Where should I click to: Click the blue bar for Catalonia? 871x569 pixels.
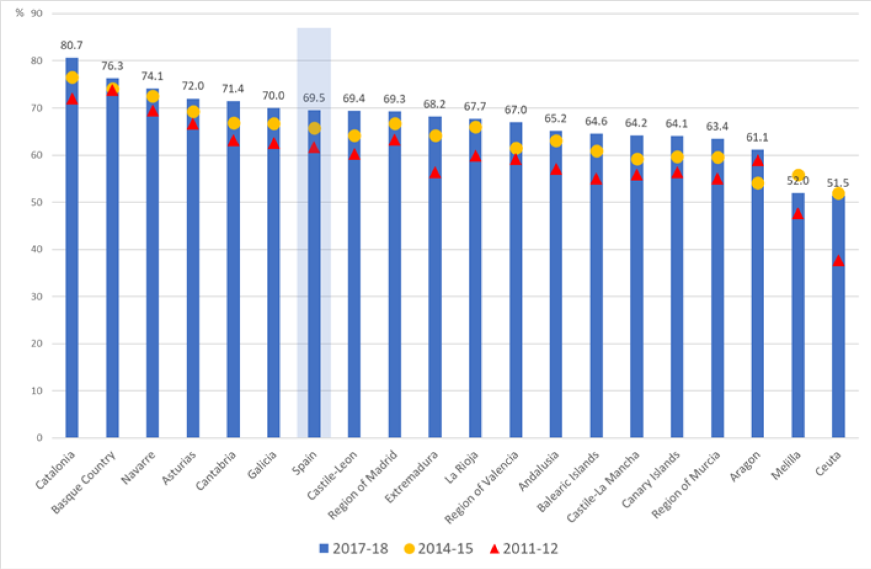point(72,276)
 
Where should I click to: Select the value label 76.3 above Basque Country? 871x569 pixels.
point(112,66)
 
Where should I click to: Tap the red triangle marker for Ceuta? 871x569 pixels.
point(838,261)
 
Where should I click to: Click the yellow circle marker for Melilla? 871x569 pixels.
point(798,176)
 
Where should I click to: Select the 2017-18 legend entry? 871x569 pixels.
point(354,549)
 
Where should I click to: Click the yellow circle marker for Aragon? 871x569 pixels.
point(757,183)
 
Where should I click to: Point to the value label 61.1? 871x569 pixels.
point(757,137)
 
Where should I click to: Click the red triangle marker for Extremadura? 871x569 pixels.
point(435,173)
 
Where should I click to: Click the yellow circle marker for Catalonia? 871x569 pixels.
point(72,77)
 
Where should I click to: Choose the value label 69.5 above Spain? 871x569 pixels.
point(314,98)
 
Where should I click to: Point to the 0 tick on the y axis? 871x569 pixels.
point(39,438)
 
